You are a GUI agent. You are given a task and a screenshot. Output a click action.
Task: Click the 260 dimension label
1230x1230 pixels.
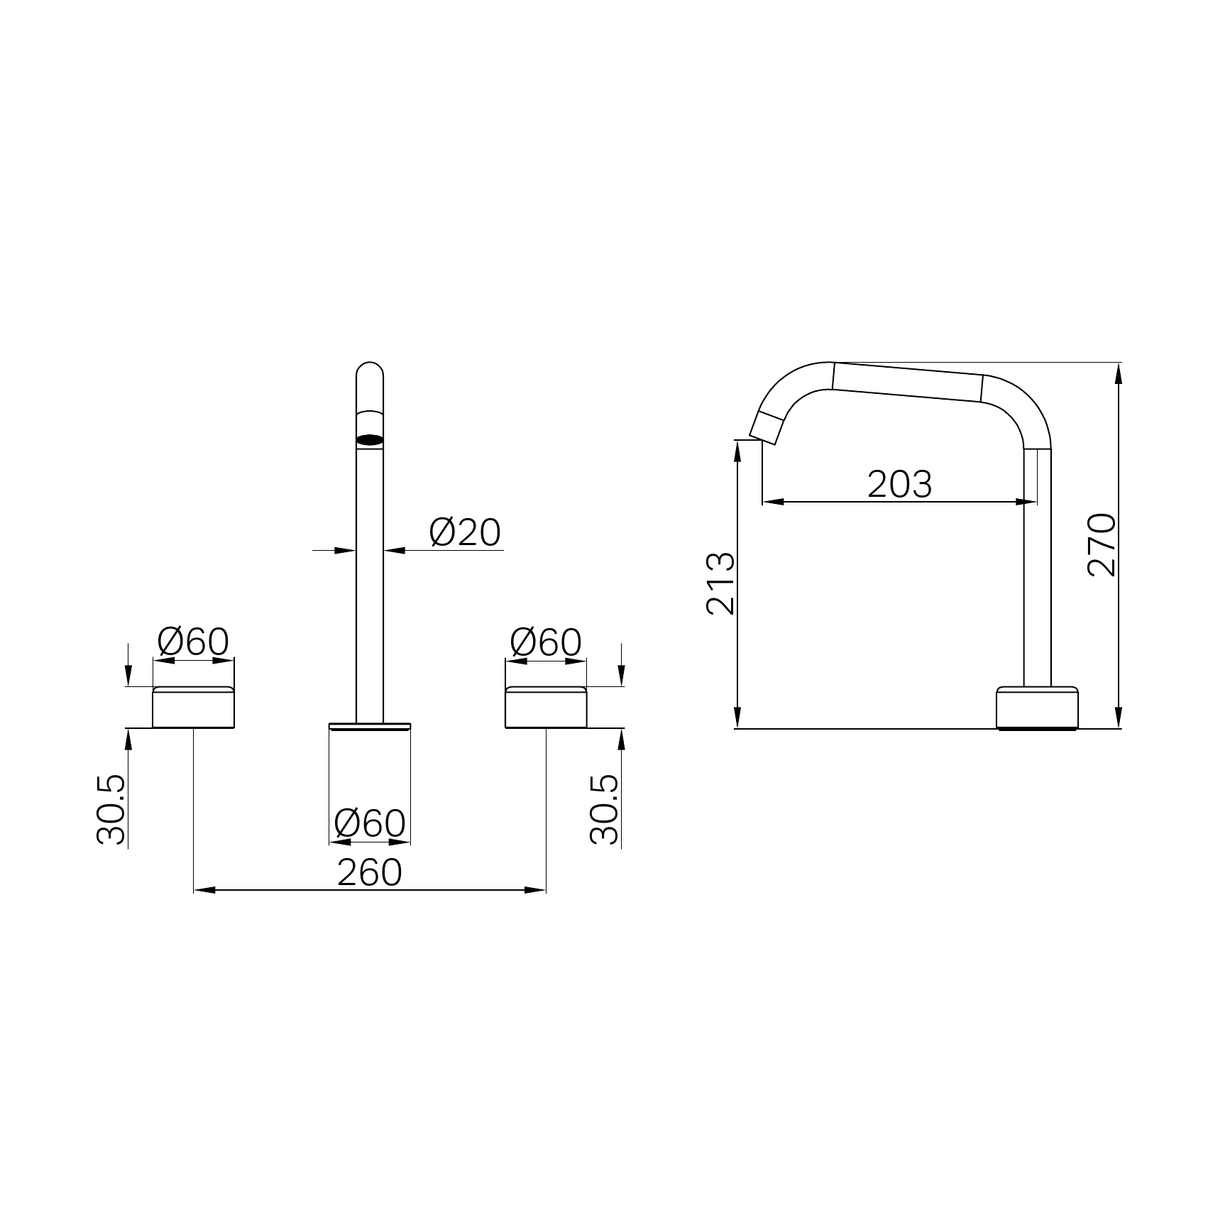(369, 872)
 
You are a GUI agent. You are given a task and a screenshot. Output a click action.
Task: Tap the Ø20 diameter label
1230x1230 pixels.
(466, 532)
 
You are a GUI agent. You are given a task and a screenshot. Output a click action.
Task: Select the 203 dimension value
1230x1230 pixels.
(899, 485)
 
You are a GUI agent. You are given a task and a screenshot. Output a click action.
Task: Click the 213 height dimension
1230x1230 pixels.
(720, 583)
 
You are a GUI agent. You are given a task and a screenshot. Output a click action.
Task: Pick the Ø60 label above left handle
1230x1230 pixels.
(193, 642)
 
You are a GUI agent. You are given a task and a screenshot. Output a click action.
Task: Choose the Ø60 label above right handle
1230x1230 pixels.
(546, 642)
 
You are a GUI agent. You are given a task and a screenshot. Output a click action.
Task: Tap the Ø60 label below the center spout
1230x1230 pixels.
(370, 823)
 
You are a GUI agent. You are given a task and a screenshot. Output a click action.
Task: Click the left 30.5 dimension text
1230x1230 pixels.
(111, 809)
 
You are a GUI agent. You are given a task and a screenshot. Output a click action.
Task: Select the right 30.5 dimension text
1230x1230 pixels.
(605, 809)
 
